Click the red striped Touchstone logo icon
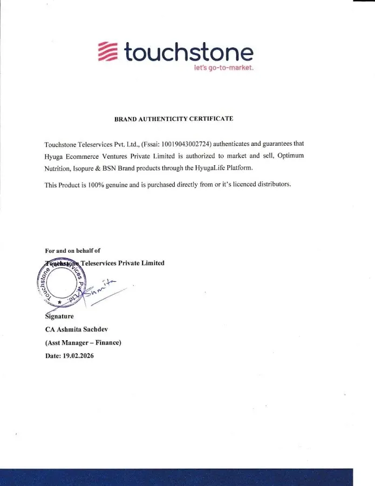coord(108,52)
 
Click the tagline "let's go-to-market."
coord(223,68)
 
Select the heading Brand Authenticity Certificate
coord(174,119)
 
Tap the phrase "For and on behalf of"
coord(72,251)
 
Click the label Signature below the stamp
coord(59,316)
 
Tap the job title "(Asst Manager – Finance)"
coord(83,342)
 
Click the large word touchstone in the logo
coord(188,52)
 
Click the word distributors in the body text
coord(273,185)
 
